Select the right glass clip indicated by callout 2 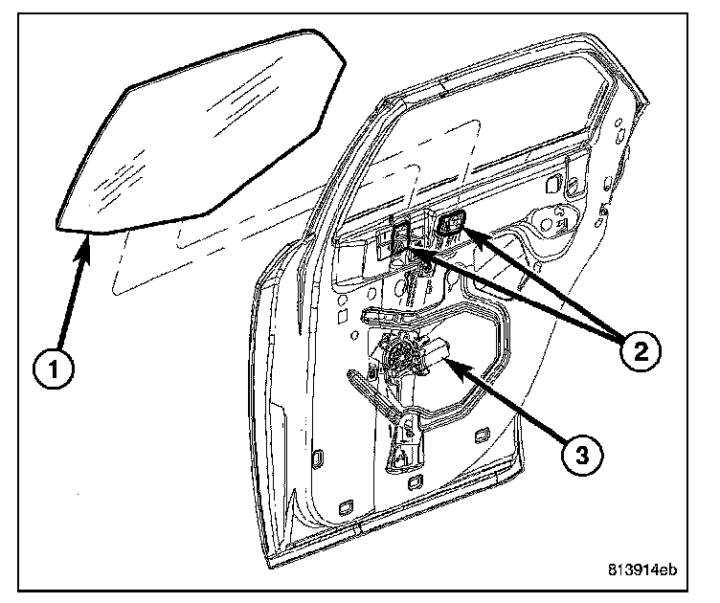(450, 226)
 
